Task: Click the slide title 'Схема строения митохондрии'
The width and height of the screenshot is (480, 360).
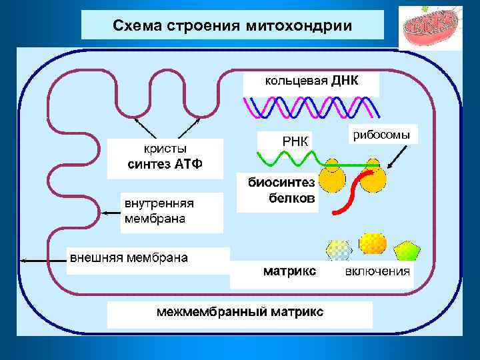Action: (232, 25)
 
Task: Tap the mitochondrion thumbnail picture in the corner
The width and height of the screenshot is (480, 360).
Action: (429, 28)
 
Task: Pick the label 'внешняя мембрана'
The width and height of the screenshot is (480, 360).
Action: (129, 257)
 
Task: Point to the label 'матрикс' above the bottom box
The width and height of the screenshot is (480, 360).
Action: (289, 271)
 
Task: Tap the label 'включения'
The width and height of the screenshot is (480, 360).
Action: (377, 271)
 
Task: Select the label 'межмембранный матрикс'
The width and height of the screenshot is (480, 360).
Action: (239, 311)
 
